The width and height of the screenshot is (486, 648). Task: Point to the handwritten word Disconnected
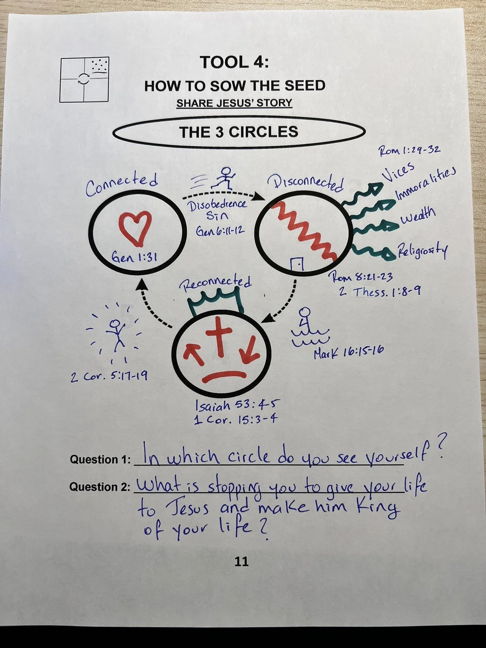pyautogui.click(x=306, y=183)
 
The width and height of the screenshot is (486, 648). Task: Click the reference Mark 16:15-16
pyautogui.click(x=349, y=352)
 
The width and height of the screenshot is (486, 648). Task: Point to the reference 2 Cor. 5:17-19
pyautogui.click(x=109, y=377)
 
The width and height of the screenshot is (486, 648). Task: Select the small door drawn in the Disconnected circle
pyautogui.click(x=297, y=264)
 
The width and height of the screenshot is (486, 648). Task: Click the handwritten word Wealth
pyautogui.click(x=418, y=216)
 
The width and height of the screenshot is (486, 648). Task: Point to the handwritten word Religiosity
pyautogui.click(x=422, y=250)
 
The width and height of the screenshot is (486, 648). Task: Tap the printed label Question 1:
pyautogui.click(x=100, y=459)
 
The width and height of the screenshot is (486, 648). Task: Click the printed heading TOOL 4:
pyautogui.click(x=234, y=62)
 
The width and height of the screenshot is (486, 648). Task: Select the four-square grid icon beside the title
pyautogui.click(x=84, y=79)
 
